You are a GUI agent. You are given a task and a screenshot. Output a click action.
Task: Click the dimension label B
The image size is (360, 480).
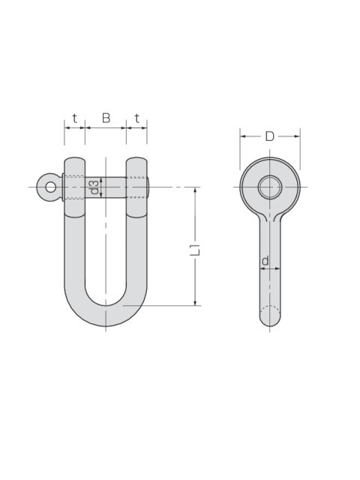[106, 118]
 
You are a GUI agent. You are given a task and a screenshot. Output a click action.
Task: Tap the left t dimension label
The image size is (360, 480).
[75, 118]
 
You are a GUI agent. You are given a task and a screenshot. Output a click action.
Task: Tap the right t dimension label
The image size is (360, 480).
[136, 118]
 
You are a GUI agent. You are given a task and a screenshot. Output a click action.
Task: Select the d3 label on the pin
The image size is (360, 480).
[95, 187]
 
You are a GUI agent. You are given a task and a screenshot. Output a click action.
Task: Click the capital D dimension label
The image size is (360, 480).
[270, 136]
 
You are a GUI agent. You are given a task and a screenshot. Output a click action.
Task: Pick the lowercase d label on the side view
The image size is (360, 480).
[265, 261]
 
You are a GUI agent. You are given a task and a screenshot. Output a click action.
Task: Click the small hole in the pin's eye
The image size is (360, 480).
[50, 187]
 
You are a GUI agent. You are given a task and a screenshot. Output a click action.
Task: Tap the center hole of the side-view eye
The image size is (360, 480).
[270, 187]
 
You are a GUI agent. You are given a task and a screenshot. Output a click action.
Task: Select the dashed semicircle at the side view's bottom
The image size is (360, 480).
[270, 307]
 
